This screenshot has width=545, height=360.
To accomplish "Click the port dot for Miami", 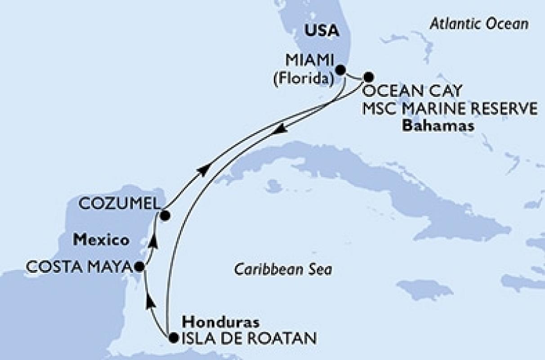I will tap(341, 70).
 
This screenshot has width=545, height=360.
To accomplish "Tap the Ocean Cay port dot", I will tap(368, 76).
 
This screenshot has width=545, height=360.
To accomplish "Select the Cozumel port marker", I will tap(165, 216).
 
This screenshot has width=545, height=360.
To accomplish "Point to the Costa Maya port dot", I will tap(140, 266).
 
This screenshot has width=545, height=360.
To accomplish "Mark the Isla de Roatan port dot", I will tap(173, 337).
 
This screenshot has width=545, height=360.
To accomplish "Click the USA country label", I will tap(322, 31).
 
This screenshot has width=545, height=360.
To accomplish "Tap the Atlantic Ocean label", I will tap(479, 24).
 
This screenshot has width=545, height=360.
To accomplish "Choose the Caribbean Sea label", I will tap(283, 270).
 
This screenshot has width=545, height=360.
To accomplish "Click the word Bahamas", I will tap(438, 126).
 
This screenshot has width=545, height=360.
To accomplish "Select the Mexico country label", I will tap(101, 240).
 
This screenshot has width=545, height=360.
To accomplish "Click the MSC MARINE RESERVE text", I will tap(449, 108).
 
